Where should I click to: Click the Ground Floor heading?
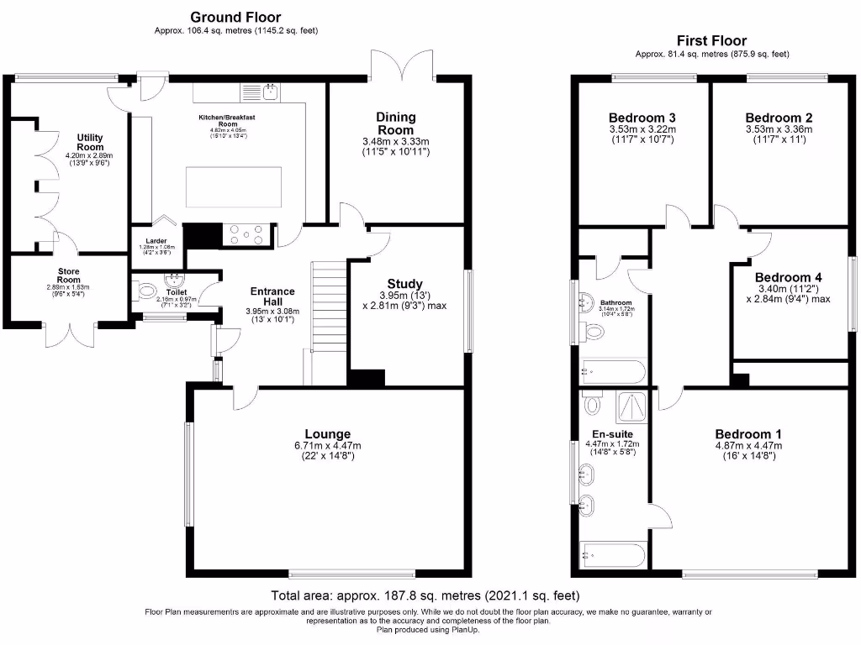click(x=235, y=17)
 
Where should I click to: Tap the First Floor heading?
click(x=711, y=40)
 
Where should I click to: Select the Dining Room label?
click(x=395, y=123)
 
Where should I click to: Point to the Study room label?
click(x=404, y=284)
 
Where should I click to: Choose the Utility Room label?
click(x=90, y=142)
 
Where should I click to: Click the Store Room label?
click(x=69, y=276)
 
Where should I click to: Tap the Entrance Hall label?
click(x=272, y=296)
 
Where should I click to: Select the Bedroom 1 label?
click(x=748, y=434)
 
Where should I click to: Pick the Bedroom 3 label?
click(x=642, y=118)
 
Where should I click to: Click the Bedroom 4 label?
click(x=788, y=277)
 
